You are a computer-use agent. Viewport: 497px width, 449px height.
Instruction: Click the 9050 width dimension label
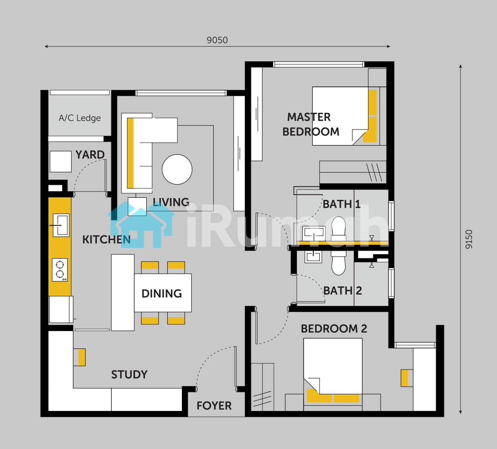click(x=217, y=40)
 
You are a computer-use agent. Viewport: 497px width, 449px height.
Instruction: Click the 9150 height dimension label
click(x=469, y=239)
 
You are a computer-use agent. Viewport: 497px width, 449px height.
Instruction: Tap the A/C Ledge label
click(x=80, y=118)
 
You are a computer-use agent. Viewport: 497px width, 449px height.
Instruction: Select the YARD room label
click(x=90, y=155)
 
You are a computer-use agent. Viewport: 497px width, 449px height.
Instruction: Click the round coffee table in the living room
click(x=177, y=169)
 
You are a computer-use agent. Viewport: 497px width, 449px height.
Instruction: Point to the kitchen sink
click(x=61, y=225)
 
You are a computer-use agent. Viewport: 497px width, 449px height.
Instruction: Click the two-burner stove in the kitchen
click(x=60, y=270)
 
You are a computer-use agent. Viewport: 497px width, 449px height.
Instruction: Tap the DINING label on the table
click(x=162, y=294)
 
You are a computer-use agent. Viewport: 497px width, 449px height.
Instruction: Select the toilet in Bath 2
click(x=338, y=263)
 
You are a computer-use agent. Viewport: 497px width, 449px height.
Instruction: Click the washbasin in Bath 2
click(x=314, y=257)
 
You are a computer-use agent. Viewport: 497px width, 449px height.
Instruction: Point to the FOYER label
click(x=214, y=406)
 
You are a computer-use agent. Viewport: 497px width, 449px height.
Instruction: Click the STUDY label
click(x=129, y=375)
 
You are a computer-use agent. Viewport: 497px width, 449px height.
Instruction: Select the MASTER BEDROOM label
click(x=311, y=124)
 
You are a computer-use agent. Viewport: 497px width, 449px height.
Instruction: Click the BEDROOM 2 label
click(x=334, y=329)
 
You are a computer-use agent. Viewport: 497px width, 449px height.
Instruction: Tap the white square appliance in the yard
click(x=61, y=162)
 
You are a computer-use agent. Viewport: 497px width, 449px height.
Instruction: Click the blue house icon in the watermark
click(x=141, y=225)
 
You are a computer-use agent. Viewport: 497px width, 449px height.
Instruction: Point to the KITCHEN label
click(x=106, y=240)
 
